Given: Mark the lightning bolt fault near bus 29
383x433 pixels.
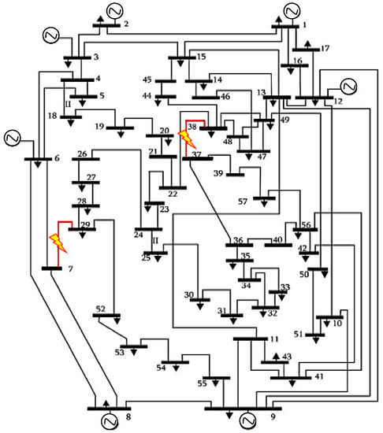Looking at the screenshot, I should coord(59,241).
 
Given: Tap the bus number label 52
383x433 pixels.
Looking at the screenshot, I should coord(101,308).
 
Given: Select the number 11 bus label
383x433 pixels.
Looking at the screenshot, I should coord(274,339).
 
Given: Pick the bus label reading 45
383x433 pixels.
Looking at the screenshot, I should coord(147,80).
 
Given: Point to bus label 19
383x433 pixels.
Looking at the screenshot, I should coord(100,127).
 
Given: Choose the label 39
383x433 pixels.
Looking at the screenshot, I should coord(219,172).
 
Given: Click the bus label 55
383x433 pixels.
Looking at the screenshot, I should coord(201,383).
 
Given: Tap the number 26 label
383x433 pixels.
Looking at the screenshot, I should coord(82,153).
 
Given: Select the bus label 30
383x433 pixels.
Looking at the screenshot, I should coord(189,294).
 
